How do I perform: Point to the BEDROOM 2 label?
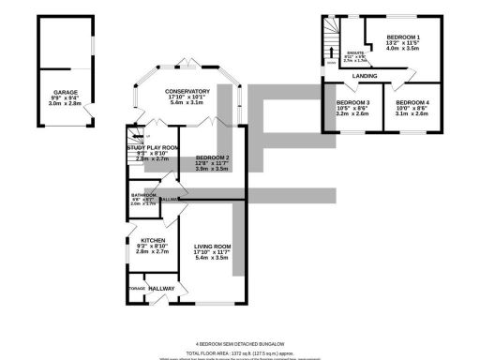212,157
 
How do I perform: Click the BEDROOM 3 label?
353,101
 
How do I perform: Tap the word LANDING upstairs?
365,75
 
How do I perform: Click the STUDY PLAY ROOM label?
152,148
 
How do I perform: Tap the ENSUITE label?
354,53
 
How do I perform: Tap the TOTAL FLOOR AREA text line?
240,352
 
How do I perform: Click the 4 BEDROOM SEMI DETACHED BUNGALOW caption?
240,344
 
